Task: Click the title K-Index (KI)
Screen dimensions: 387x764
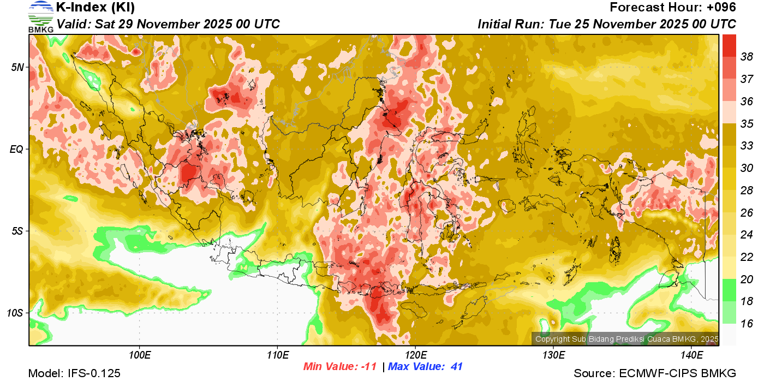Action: coord(95,8)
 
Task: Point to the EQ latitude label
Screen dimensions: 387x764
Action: coord(17,149)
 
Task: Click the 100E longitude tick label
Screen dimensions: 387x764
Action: coord(139,355)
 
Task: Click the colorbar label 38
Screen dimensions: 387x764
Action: coord(747,57)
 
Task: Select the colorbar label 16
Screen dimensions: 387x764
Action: coord(747,324)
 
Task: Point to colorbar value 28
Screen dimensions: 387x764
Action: coord(747,190)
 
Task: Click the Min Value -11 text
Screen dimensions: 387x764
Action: coord(340,367)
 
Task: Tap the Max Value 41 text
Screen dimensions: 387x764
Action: coord(426,367)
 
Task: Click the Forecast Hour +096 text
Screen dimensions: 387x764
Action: coord(673,8)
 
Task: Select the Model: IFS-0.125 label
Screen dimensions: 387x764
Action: coord(74,374)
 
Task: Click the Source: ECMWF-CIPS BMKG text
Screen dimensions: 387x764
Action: coord(655,374)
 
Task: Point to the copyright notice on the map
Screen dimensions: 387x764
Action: coord(626,340)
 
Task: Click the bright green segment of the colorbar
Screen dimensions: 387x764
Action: coord(729,290)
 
